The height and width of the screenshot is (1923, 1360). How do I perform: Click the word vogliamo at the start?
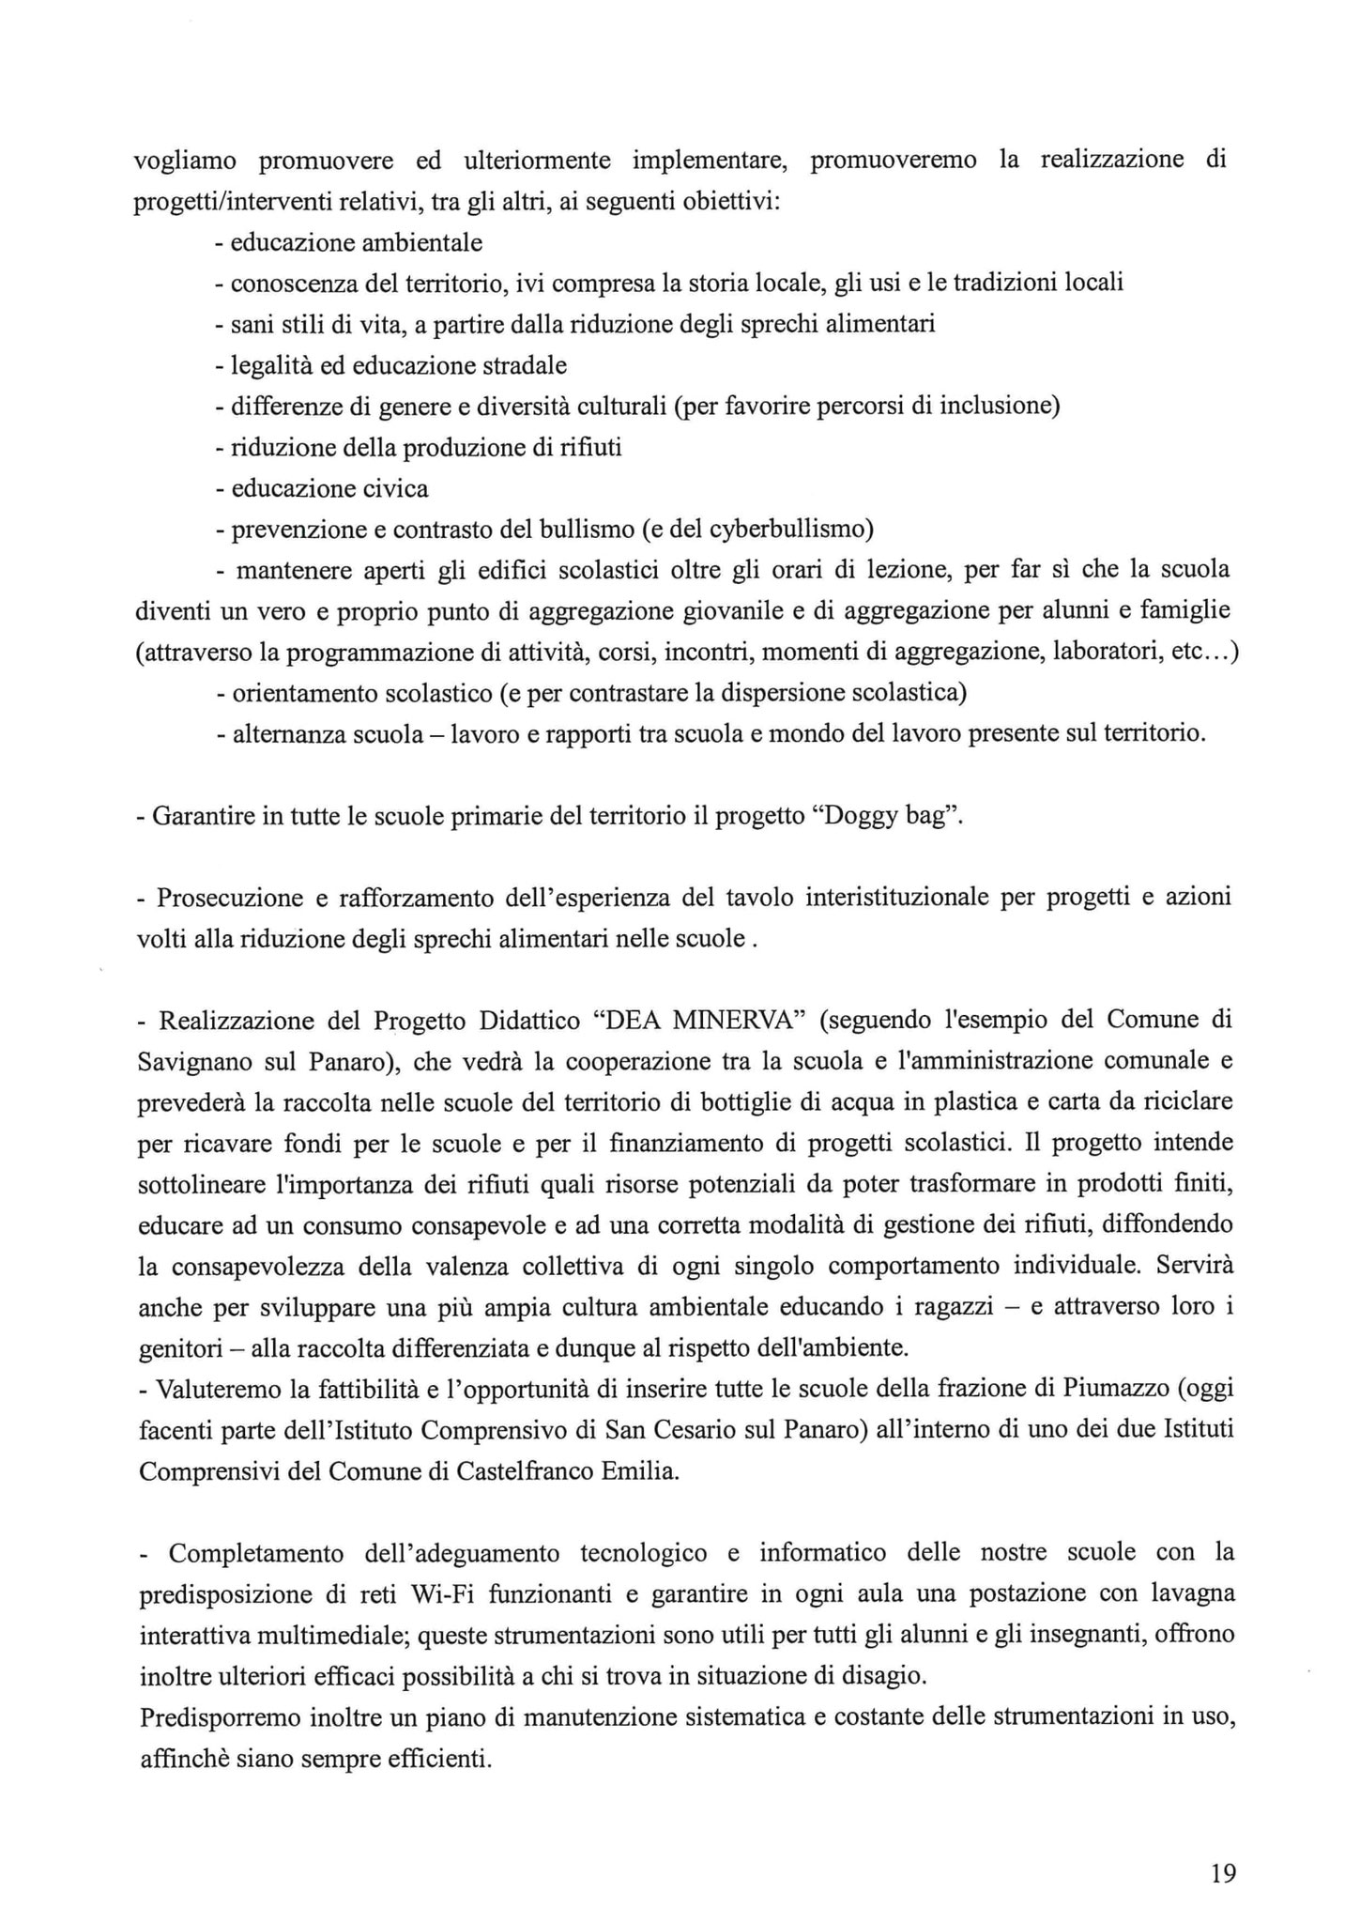185,162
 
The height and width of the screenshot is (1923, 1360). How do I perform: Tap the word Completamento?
256,1553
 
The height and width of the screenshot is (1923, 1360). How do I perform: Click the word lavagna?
1190,1593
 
